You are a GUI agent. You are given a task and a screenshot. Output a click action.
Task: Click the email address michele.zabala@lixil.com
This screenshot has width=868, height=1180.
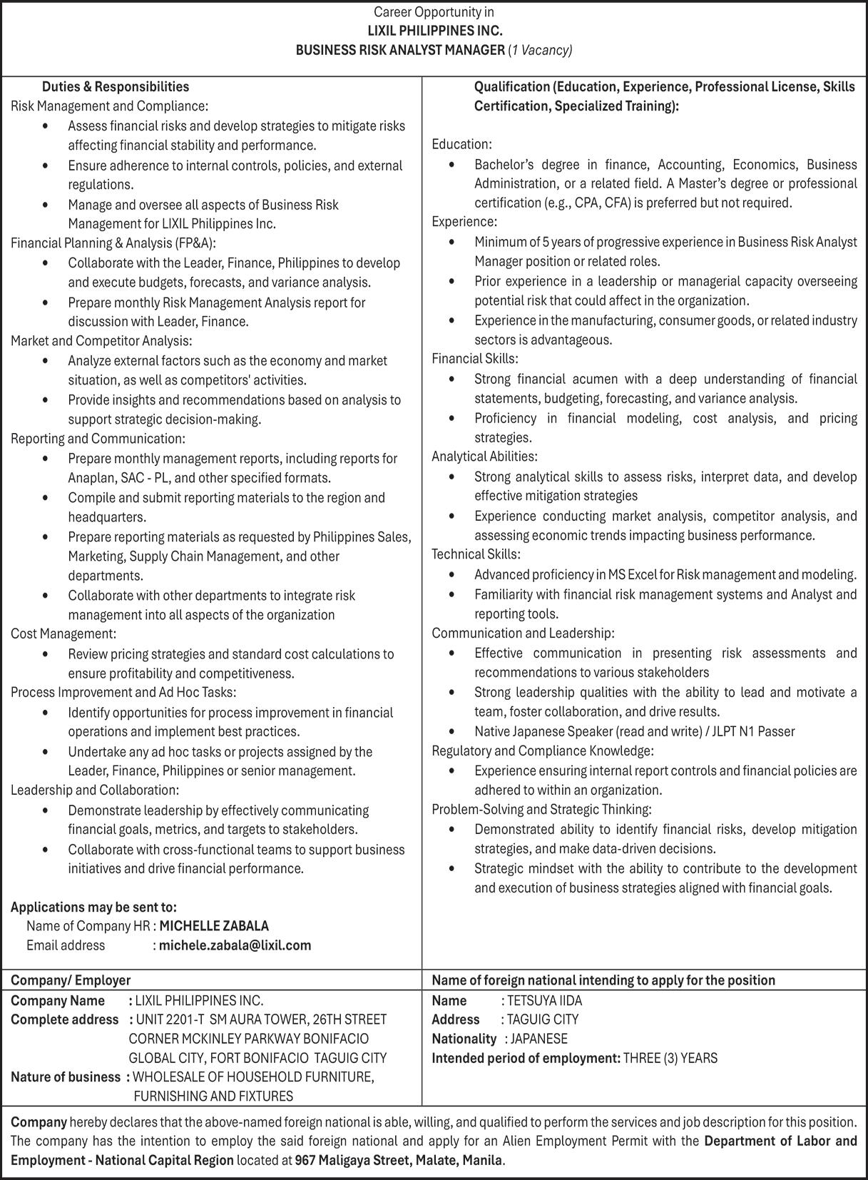click(x=235, y=945)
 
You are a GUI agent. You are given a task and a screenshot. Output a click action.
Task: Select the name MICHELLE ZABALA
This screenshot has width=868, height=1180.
click(x=213, y=926)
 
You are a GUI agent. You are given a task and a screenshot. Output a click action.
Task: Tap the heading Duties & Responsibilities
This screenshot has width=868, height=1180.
click(x=116, y=87)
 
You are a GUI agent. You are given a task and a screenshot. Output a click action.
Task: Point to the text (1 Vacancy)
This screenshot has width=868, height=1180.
click(x=540, y=50)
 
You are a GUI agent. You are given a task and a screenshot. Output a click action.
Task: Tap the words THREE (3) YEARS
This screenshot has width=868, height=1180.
click(x=670, y=1058)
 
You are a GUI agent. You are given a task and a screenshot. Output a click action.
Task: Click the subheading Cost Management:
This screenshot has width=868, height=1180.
click(x=63, y=634)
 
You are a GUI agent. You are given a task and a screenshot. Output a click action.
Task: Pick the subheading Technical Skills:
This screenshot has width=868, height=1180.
click(x=476, y=554)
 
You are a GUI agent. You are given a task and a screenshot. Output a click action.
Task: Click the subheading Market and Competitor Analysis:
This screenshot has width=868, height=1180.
click(x=101, y=341)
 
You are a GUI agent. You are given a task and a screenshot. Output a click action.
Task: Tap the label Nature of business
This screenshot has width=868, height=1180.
click(x=66, y=1077)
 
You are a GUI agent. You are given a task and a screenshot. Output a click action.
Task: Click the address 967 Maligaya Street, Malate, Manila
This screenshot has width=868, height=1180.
click(x=399, y=1160)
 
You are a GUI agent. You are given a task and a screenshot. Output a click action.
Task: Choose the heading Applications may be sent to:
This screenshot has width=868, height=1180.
click(x=93, y=907)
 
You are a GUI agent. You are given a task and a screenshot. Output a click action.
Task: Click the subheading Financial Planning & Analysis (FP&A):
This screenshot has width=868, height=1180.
click(x=113, y=243)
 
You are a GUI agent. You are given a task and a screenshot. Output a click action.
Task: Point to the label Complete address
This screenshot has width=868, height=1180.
click(x=64, y=1019)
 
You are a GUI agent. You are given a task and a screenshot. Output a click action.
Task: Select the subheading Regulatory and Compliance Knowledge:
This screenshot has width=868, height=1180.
click(x=542, y=751)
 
